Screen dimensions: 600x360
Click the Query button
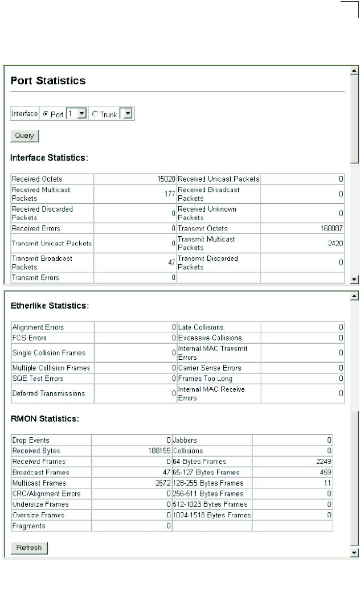click(x=24, y=136)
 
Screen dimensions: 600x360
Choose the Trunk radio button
click(x=94, y=114)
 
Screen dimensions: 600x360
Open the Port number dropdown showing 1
click(x=82, y=114)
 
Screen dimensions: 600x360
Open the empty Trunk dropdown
click(x=128, y=114)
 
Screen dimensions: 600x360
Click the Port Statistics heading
click(x=48, y=81)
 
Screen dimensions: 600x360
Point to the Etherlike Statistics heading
click(x=50, y=306)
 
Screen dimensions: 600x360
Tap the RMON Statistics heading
click(x=44, y=419)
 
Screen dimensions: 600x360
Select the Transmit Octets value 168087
click(x=330, y=228)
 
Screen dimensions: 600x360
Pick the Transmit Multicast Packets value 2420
click(x=334, y=244)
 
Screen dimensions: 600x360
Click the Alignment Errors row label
click(x=38, y=327)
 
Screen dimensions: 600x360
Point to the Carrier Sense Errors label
click(x=209, y=368)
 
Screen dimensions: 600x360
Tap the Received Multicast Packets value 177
click(x=169, y=194)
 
